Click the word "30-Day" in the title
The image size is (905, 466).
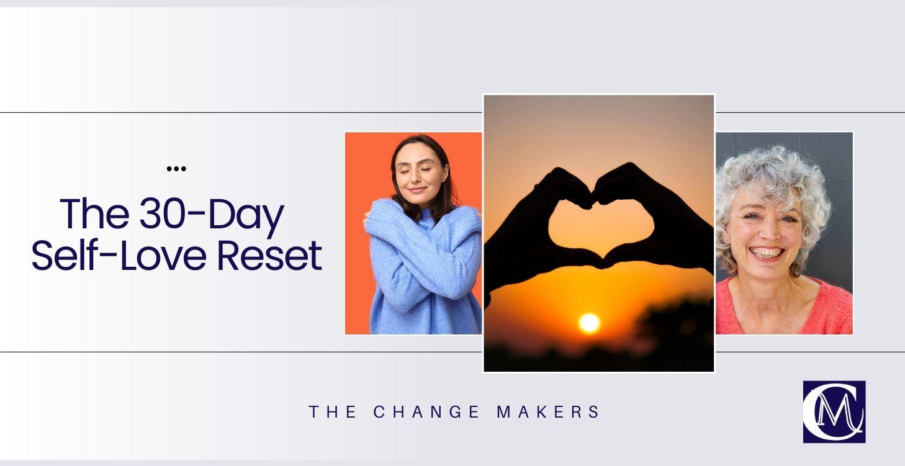point(211,215)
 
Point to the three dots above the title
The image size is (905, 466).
point(176,168)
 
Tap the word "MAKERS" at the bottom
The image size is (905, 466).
point(548,412)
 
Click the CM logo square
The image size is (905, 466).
point(834,411)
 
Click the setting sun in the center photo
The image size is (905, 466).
point(589,323)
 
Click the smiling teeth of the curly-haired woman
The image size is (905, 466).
point(768,253)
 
